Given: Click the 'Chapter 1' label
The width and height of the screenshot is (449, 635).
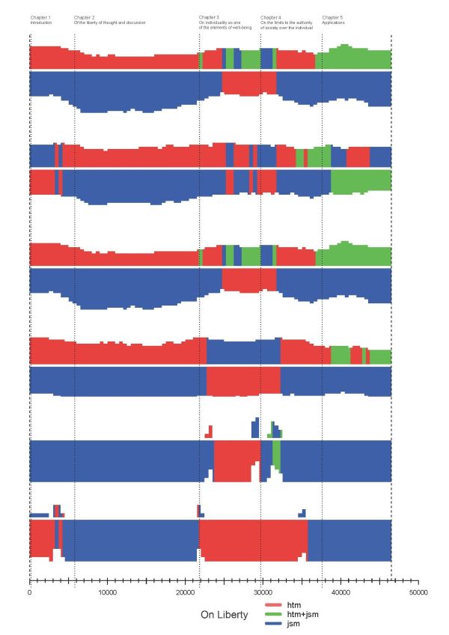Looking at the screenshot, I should [x=40, y=16].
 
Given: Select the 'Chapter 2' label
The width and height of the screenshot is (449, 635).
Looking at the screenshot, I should [x=85, y=16].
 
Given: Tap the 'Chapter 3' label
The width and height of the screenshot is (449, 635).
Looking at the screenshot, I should [x=209, y=16].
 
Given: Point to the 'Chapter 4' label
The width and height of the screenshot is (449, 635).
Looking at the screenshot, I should [x=271, y=16].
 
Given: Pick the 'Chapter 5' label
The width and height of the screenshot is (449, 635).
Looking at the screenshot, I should [x=332, y=16].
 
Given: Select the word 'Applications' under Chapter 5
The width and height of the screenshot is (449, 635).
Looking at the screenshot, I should [x=334, y=22].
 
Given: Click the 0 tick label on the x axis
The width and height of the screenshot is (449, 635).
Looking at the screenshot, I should [x=29, y=592].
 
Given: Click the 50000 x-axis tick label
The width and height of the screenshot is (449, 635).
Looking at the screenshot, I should [x=418, y=592].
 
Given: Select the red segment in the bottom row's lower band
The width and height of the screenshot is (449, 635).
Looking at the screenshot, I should [x=253, y=539].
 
